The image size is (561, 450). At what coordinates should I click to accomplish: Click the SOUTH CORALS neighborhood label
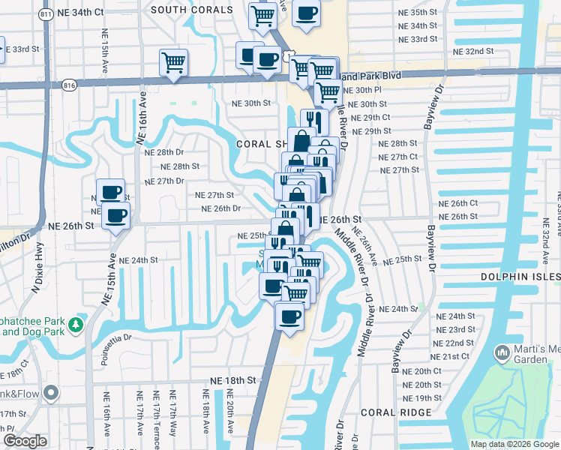tap(191, 10)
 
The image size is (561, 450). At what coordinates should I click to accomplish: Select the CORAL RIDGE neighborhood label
tap(396, 412)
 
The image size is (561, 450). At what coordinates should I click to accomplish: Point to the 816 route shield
tap(70, 85)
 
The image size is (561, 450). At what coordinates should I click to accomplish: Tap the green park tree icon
tap(75, 325)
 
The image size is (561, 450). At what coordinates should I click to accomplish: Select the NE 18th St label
tap(233, 380)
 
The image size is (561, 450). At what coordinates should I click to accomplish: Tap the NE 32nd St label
tap(474, 52)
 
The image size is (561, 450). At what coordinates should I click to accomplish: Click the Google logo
tap(25, 441)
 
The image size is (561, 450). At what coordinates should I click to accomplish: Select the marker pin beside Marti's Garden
tap(502, 352)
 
